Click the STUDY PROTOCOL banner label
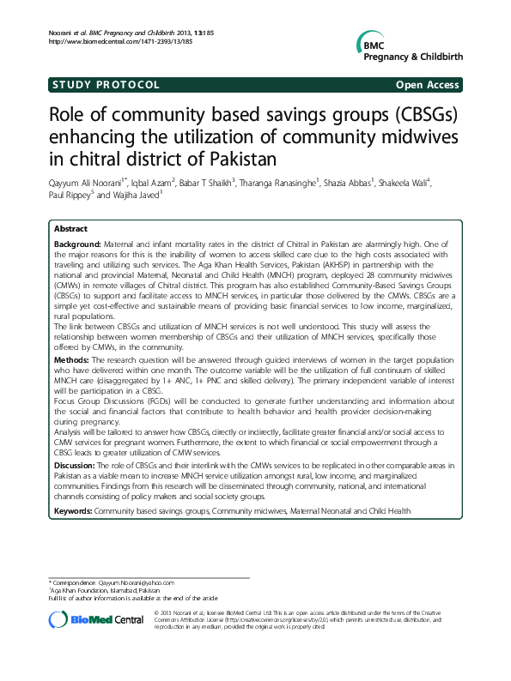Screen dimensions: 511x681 point(106,85)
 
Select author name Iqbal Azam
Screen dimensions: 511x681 point(151,182)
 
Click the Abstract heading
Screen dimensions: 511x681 point(70,230)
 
